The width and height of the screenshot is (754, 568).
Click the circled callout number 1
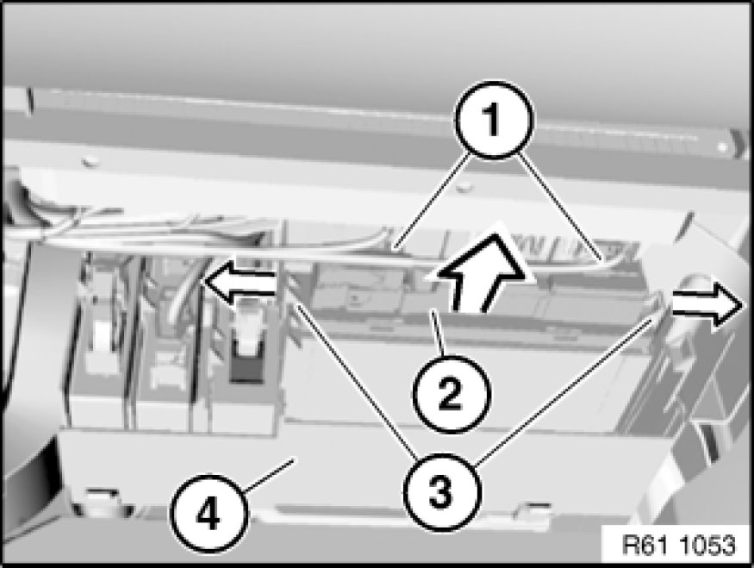[495, 120]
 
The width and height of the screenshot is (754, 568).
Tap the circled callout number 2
[451, 393]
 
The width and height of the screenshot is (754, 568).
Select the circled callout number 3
[441, 491]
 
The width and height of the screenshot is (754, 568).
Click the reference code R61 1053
[678, 545]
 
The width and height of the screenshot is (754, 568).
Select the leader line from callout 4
[268, 475]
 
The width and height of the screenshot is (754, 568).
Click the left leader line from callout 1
[431, 201]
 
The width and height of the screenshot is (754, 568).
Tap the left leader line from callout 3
[356, 379]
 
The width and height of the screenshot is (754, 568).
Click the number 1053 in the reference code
[707, 545]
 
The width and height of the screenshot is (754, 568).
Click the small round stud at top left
[89, 161]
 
